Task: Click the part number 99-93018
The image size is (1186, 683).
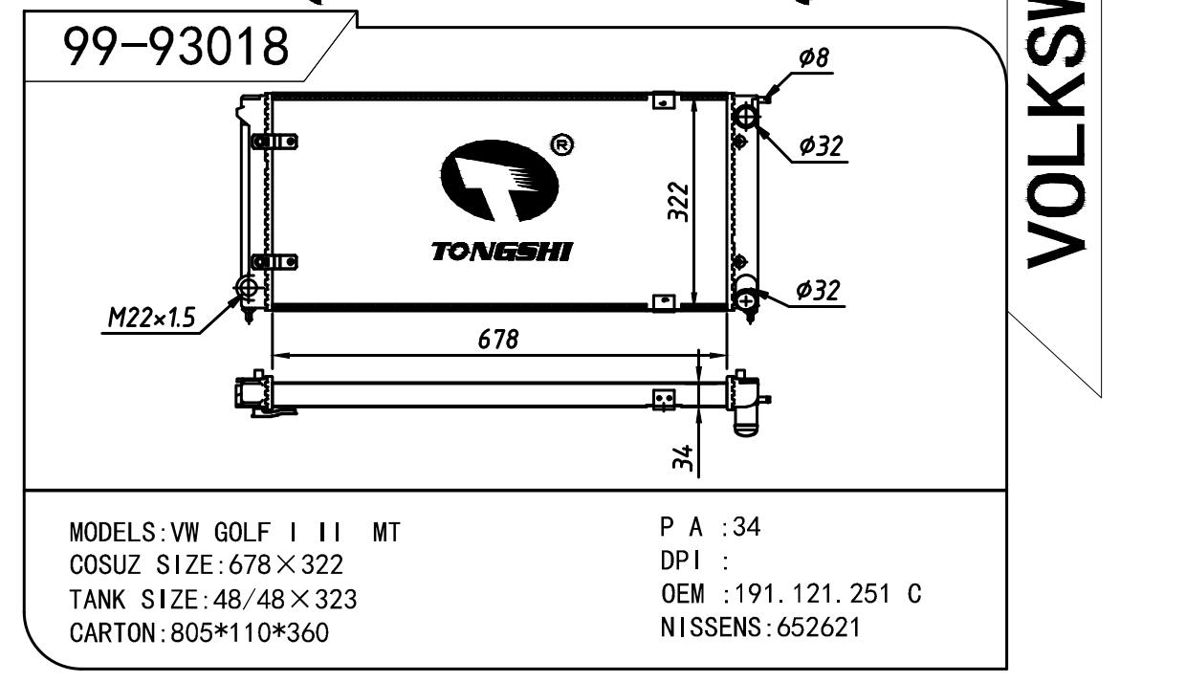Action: pos(175,46)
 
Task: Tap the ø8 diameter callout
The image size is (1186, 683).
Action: pos(814,59)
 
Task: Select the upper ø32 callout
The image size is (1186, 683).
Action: pos(821,146)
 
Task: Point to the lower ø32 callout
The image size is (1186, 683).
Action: pos(818,291)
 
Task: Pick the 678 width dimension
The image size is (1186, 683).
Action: pos(498,340)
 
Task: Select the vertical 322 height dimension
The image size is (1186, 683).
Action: pos(678,201)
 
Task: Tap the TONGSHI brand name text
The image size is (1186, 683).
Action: pos(501,252)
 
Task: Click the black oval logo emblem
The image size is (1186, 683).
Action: pos(498,183)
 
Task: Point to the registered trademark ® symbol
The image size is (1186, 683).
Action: pos(562,144)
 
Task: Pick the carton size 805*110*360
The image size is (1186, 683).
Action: pos(249,632)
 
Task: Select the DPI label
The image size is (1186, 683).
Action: pos(678,561)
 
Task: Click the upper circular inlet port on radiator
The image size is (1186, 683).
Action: pos(746,117)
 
